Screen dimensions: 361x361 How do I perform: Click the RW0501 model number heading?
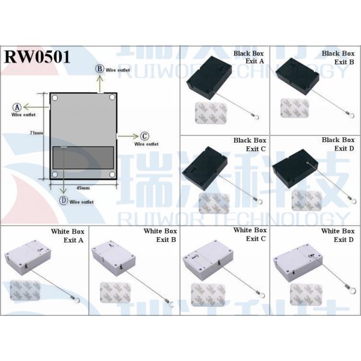pos(37,58)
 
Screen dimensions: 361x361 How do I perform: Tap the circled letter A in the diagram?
pos(17,106)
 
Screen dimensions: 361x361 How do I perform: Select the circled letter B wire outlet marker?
pos(100,69)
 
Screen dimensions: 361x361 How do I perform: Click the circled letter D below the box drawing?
pos(63,202)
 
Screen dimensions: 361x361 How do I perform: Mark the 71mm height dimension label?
pos(37,132)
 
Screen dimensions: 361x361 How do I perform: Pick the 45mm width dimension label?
pos(83,188)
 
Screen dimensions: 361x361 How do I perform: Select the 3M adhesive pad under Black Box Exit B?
pos(294,109)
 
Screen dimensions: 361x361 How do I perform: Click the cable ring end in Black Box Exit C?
pos(258,202)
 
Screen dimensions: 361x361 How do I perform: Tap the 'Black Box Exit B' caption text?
pos(338,58)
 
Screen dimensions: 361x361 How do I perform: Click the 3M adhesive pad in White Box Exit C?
pos(208,294)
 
